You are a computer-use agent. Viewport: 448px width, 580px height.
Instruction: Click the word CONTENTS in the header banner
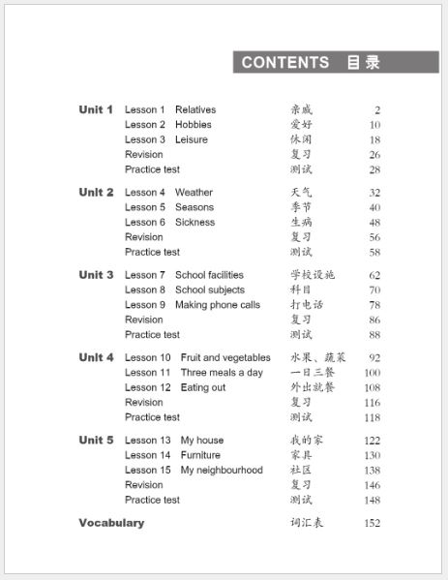coord(285,63)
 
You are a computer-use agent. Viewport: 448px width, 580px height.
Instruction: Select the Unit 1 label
coord(96,109)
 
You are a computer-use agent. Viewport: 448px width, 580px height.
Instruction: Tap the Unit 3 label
coord(96,275)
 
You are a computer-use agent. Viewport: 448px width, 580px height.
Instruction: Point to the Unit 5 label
coord(96,441)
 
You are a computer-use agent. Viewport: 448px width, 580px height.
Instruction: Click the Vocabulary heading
coord(111,523)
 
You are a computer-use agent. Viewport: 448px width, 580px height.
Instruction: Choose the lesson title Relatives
coord(195,110)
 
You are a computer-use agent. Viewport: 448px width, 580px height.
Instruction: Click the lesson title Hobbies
coord(194,125)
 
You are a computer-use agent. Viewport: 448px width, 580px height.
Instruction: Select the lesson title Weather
coord(194,193)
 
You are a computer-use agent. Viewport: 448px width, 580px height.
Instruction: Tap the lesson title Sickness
coord(194,222)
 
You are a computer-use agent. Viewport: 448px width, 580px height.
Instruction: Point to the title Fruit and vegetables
coord(225,358)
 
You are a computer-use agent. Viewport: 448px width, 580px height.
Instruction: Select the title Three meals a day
coord(222,373)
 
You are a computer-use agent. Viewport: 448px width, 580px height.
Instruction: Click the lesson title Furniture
coord(200,455)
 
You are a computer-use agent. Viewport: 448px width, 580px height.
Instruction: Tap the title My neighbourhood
coord(222,471)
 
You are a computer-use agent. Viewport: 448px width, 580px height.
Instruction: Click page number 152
coord(372,524)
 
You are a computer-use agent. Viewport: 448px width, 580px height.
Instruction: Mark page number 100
coord(372,373)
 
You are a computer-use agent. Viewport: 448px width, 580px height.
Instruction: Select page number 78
coord(374,305)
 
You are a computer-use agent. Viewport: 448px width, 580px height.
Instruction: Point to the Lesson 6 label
coord(145,222)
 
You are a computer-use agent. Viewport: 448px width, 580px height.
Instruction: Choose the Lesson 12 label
coord(148,387)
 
